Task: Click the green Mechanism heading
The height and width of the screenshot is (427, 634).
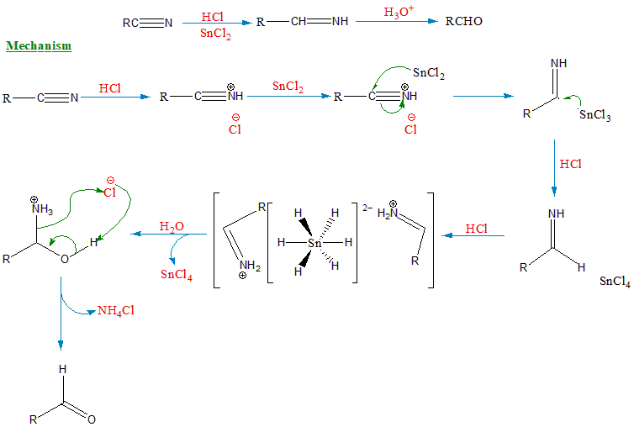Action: point(39,45)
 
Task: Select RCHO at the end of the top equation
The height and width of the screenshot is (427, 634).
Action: point(463,21)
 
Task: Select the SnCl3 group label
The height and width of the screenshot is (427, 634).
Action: point(594,114)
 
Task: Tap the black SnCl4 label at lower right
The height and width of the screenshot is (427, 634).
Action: point(615,281)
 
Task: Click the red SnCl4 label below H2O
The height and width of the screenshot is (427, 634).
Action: point(177,275)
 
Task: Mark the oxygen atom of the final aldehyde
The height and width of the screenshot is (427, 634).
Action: point(92,418)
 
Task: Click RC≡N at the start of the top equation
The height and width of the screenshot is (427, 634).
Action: point(147,23)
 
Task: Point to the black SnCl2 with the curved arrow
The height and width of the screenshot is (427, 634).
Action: point(429,73)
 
